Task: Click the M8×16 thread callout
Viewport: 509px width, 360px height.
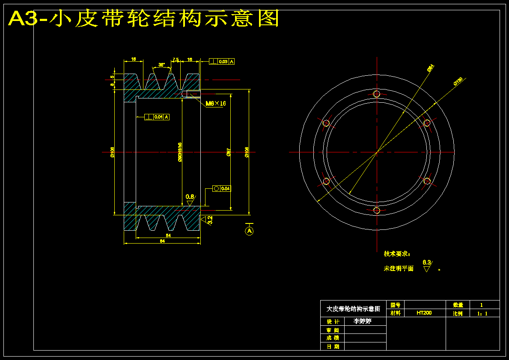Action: [216, 104]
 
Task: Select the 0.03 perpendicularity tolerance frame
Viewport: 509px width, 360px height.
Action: [222, 62]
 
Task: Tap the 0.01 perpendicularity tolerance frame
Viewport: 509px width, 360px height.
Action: [157, 117]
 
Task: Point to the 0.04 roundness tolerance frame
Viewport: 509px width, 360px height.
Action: [221, 188]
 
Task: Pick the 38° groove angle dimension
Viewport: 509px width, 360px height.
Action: [161, 65]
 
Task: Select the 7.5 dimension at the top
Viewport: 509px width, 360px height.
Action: [176, 60]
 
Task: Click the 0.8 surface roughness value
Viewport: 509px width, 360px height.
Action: [190, 196]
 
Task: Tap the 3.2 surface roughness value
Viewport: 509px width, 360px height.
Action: [210, 220]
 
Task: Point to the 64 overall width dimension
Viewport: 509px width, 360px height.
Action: [162, 241]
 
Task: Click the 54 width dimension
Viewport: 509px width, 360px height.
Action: [168, 236]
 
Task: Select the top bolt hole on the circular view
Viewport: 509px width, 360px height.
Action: [377, 94]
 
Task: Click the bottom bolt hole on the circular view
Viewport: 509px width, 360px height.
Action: [377, 210]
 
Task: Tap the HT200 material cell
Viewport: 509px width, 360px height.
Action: [424, 313]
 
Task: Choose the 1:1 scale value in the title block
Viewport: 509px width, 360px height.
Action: [482, 313]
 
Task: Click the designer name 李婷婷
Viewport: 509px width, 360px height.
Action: [362, 321]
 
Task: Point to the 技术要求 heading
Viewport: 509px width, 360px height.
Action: [397, 254]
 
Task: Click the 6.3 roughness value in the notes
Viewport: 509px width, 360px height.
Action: [426, 262]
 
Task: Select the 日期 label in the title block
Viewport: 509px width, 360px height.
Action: [333, 346]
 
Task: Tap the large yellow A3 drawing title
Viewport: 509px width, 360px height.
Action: [144, 18]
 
